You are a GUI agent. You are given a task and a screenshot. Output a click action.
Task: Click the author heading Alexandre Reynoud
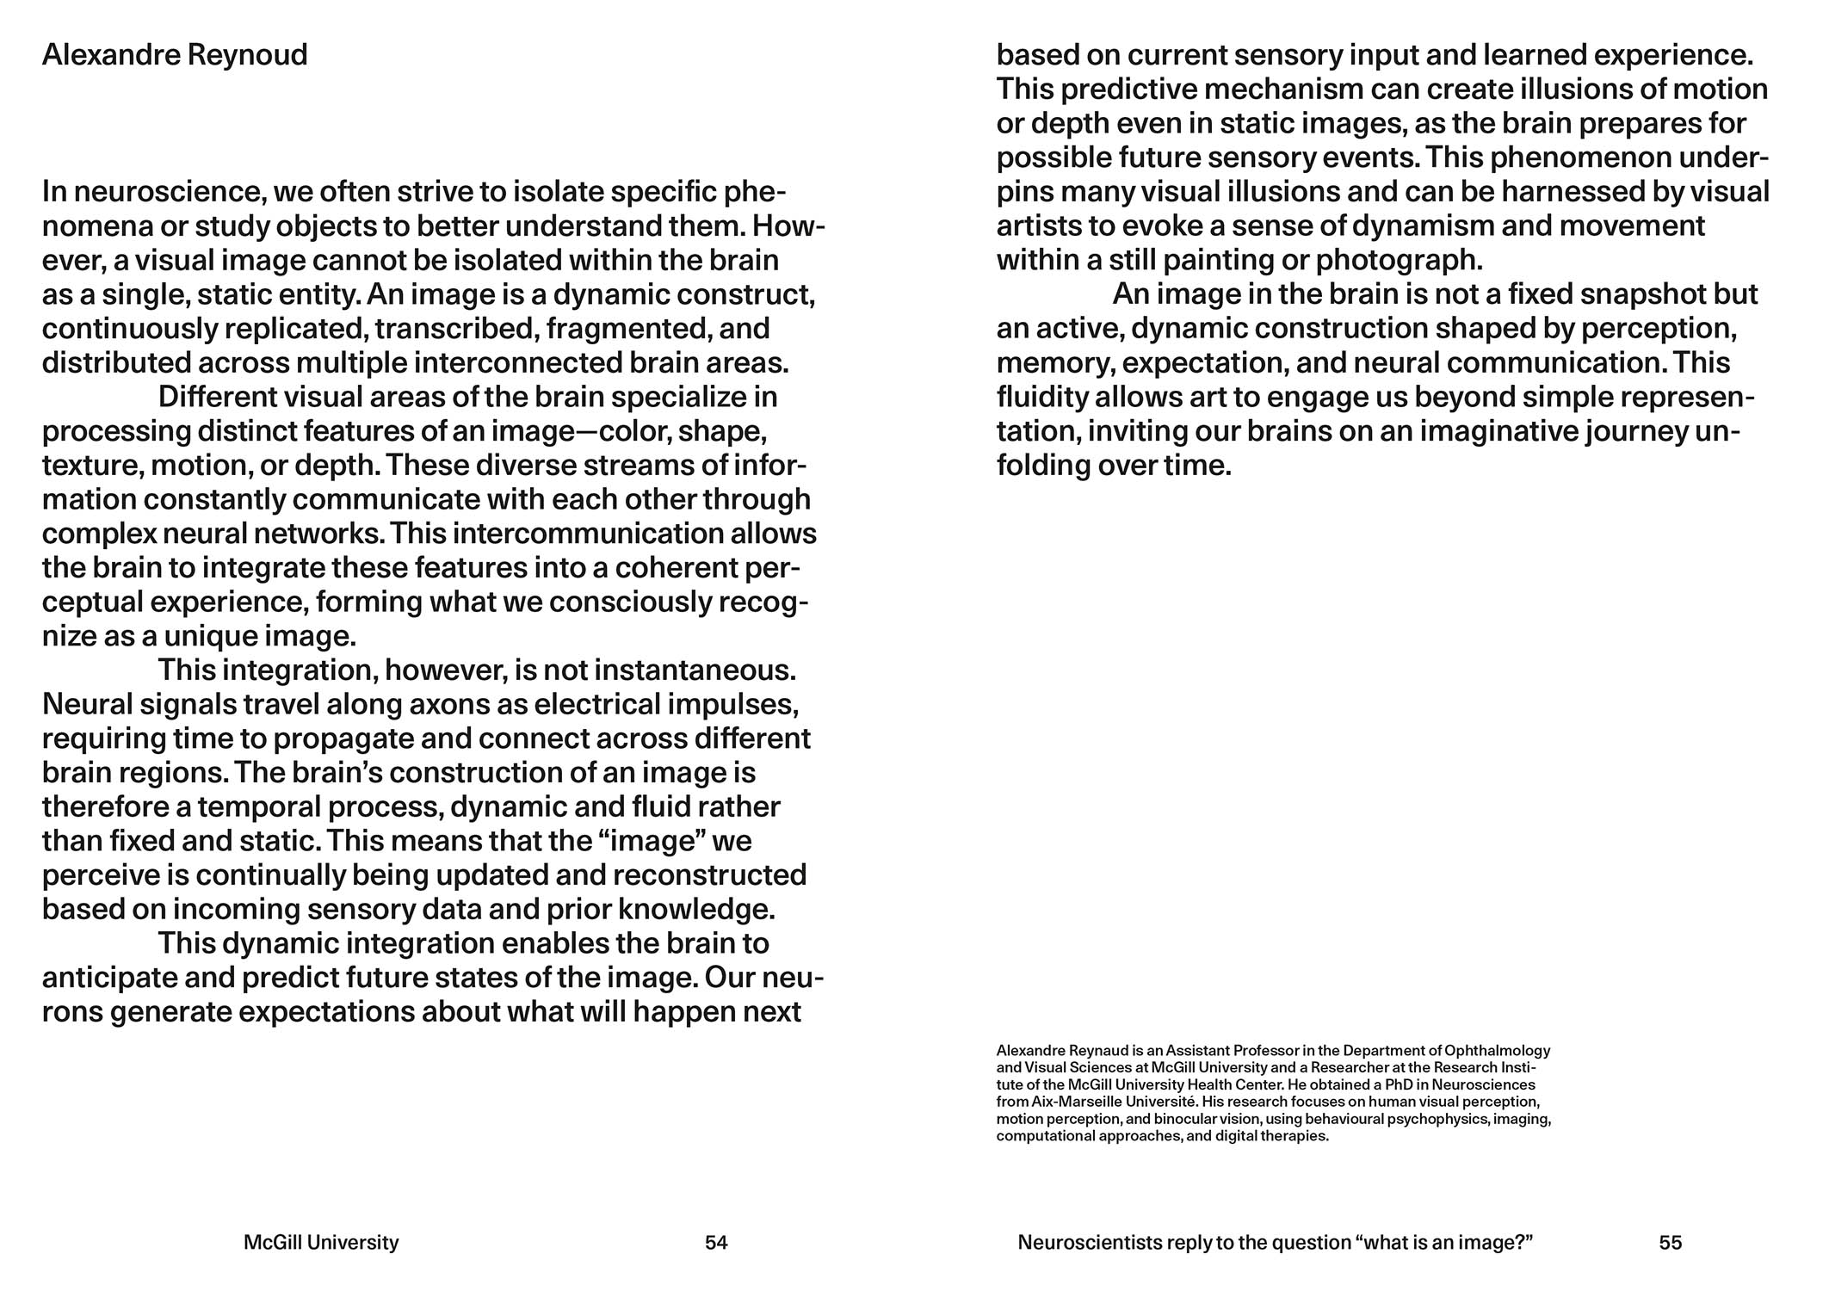tap(175, 55)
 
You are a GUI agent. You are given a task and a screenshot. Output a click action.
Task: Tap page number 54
tap(716, 1242)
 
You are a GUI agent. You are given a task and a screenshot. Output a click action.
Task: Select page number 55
tap(1670, 1242)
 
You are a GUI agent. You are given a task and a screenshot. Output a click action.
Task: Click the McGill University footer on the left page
tap(321, 1242)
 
